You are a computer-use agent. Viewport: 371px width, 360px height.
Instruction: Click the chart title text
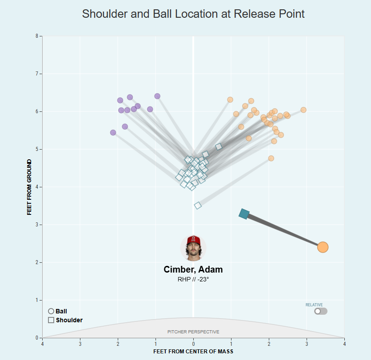pyautogui.click(x=193, y=14)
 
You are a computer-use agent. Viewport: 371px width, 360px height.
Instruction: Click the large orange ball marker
pyautogui.click(x=323, y=247)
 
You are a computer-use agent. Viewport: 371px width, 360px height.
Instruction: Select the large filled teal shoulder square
pyautogui.click(x=244, y=214)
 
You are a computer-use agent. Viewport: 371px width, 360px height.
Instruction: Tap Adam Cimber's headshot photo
pyautogui.click(x=193, y=248)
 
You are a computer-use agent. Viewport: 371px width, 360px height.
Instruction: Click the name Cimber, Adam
pyautogui.click(x=193, y=269)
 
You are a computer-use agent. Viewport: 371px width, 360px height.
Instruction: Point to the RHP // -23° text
pyautogui.click(x=193, y=279)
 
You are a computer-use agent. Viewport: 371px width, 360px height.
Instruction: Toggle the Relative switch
pyautogui.click(x=320, y=311)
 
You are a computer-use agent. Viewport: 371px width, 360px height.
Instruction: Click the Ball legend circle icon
pyautogui.click(x=51, y=311)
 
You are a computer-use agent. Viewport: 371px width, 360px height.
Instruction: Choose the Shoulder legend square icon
pyautogui.click(x=51, y=320)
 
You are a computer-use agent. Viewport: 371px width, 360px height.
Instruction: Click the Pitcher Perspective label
pyautogui.click(x=193, y=332)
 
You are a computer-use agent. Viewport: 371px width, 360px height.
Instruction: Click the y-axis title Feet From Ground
pyautogui.click(x=29, y=187)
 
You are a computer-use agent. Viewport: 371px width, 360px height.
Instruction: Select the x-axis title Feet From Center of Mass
pyautogui.click(x=193, y=352)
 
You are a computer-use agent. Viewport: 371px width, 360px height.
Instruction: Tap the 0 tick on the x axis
pyautogui.click(x=193, y=344)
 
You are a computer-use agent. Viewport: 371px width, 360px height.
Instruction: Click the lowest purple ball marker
pyautogui.click(x=113, y=133)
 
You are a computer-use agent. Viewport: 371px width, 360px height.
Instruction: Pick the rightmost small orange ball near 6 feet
pyautogui.click(x=303, y=110)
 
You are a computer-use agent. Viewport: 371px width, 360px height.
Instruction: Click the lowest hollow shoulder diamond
pyautogui.click(x=198, y=206)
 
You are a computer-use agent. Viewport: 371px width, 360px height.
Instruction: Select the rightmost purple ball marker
pyautogui.click(x=157, y=96)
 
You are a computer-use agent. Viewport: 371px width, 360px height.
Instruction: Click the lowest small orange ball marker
pyautogui.click(x=271, y=158)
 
